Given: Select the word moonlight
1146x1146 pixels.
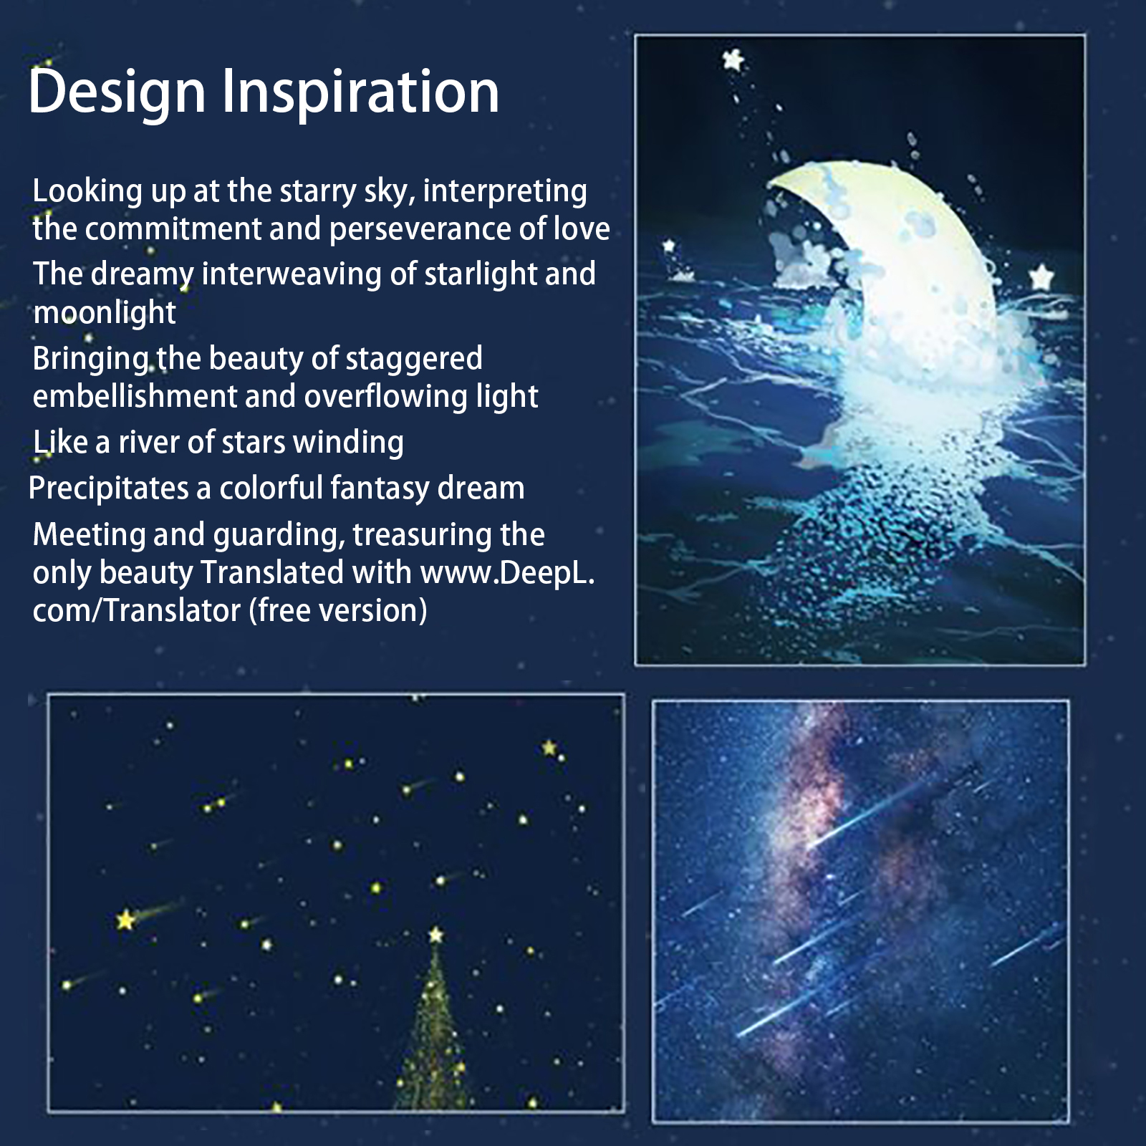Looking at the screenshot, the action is click(105, 312).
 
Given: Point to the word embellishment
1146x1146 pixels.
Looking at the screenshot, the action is click(135, 396).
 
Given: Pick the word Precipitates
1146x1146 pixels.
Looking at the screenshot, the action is click(109, 488).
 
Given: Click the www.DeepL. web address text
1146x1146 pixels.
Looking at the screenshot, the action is click(508, 573).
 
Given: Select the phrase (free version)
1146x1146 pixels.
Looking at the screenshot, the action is click(338, 611).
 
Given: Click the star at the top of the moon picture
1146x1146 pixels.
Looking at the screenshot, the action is click(733, 59).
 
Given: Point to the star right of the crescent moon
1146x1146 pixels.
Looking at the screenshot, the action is click(1042, 276).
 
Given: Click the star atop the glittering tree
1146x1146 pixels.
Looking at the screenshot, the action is click(435, 935).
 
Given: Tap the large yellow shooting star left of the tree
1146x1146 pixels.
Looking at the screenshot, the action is click(126, 920).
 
